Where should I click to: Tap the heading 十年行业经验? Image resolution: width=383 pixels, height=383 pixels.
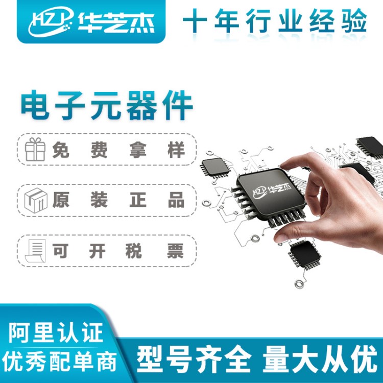click(x=275, y=21)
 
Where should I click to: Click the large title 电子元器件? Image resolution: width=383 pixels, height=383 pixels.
click(x=107, y=105)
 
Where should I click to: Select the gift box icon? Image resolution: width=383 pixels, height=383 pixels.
click(x=35, y=149)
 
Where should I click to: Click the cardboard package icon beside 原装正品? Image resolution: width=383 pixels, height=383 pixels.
click(x=36, y=200)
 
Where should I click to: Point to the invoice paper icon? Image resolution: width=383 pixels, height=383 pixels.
click(x=36, y=251)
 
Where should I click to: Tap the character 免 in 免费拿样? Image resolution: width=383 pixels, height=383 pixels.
click(x=61, y=150)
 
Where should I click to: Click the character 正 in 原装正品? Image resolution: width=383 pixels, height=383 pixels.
click(x=138, y=200)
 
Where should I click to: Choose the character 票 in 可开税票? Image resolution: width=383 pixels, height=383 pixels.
click(x=175, y=251)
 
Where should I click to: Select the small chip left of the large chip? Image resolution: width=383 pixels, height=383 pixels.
click(x=215, y=167)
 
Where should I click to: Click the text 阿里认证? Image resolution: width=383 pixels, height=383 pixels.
click(x=56, y=332)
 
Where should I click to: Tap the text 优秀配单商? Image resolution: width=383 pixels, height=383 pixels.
click(x=59, y=362)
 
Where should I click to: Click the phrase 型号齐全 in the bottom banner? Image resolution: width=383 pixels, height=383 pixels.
click(x=194, y=358)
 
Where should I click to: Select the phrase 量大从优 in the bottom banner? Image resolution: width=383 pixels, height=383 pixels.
click(x=320, y=358)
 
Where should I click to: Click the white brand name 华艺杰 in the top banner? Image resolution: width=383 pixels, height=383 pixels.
click(x=116, y=22)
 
